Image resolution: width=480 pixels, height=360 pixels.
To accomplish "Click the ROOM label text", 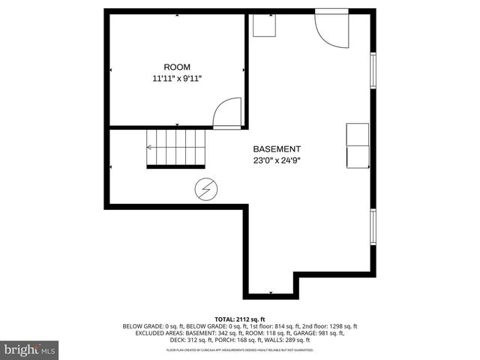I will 177,67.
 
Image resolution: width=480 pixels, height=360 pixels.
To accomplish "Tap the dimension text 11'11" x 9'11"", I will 177,78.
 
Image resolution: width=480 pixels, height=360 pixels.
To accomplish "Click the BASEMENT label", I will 277,148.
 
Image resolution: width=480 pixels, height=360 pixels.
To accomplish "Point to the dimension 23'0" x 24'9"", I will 277,160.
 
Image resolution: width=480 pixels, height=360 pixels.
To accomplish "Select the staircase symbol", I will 175,147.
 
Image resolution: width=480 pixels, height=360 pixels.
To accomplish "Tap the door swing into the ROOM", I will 227,112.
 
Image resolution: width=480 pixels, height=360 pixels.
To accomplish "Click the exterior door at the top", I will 331,28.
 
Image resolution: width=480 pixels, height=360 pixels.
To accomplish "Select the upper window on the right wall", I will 373,70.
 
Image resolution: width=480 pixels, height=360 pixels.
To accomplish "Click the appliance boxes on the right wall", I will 357,146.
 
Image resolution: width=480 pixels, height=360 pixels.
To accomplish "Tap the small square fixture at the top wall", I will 264,24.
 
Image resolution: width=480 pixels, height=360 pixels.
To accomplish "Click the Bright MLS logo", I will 30,349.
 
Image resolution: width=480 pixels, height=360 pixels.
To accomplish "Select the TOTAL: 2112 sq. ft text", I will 240,319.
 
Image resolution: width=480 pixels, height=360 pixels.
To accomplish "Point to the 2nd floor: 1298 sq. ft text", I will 328,326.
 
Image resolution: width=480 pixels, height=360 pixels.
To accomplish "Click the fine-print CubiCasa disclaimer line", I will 240,350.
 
